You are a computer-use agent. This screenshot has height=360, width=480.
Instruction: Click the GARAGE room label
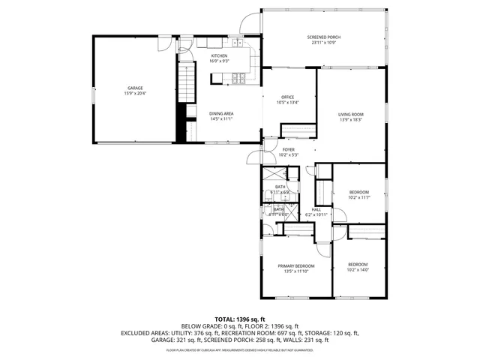[135, 88]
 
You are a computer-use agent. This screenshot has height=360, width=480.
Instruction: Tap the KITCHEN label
[219, 56]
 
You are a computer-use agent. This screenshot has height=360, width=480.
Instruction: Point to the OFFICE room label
[287, 97]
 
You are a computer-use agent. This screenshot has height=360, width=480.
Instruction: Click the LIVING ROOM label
[351, 114]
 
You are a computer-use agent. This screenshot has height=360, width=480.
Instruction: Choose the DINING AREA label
[221, 113]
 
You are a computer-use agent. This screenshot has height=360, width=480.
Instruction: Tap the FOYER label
[289, 150]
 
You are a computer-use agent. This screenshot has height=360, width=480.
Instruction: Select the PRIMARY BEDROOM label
[295, 266]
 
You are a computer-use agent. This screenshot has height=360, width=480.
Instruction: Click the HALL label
[316, 209]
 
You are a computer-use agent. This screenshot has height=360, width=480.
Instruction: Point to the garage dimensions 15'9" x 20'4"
[135, 94]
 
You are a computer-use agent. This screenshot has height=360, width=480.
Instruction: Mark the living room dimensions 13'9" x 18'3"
[351, 120]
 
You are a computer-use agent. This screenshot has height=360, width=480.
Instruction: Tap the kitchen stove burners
[239, 76]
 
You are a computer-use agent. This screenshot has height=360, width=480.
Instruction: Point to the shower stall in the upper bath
[292, 173]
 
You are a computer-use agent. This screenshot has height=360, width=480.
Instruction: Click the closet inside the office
[295, 130]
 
